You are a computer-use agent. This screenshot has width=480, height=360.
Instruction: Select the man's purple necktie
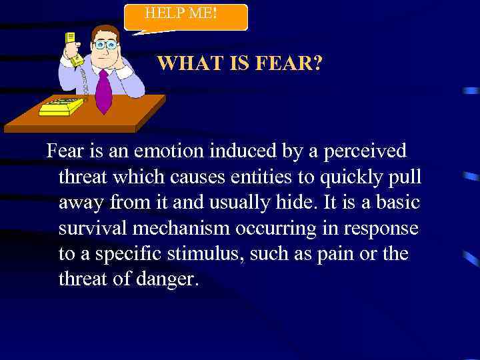103,90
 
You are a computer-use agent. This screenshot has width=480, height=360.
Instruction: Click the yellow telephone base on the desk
61,107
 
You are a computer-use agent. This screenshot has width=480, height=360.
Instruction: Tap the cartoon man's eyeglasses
105,45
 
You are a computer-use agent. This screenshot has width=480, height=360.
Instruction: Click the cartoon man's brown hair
105,31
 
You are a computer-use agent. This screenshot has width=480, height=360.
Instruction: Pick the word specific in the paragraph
125,254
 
